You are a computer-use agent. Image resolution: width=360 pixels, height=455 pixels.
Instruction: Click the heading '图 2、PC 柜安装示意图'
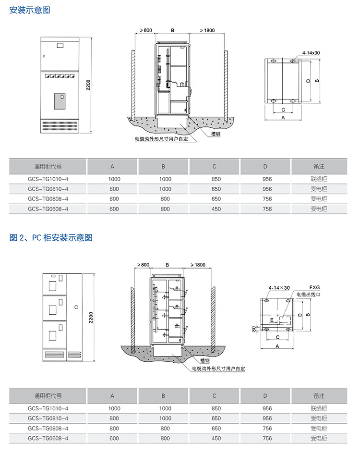[x=51, y=237]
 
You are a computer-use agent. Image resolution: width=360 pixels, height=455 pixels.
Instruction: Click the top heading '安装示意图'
[x=30, y=10]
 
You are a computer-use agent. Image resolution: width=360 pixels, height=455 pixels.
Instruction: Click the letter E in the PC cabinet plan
[x=272, y=319]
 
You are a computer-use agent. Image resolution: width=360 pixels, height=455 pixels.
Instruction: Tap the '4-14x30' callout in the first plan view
[x=311, y=53]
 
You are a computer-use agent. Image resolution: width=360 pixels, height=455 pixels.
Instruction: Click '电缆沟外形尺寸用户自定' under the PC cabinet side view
[x=218, y=369]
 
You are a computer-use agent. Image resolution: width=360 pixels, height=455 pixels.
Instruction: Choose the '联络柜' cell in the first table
[x=319, y=179]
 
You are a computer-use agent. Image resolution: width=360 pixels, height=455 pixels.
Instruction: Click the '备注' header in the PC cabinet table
[x=319, y=396]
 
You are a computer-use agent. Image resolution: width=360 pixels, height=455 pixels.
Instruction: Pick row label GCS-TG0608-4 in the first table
[x=48, y=209]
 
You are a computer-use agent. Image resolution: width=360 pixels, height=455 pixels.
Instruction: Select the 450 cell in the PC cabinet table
[x=216, y=438]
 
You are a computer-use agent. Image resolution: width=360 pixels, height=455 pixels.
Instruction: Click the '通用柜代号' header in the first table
[x=48, y=167]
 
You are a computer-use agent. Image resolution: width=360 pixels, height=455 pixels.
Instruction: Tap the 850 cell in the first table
[x=216, y=179]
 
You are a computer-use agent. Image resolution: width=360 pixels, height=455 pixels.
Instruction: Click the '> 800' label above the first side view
[x=146, y=31]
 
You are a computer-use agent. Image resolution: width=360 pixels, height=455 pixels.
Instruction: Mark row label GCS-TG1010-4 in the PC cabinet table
[x=48, y=408]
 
